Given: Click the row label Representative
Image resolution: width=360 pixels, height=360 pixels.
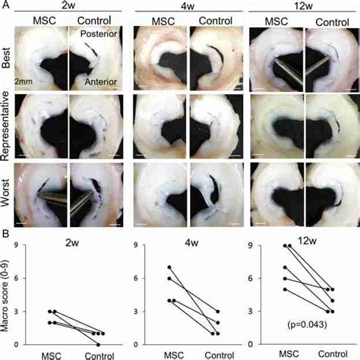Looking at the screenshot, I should click(6, 126).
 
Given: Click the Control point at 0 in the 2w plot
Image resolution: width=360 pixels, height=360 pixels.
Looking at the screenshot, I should click(99, 344).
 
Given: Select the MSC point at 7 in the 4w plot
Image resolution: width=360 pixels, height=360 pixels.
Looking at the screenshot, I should click(168, 267).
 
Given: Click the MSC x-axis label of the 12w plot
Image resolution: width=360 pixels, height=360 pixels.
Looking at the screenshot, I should click(289, 354).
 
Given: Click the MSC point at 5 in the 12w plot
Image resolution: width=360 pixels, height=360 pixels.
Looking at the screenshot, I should click(286, 289).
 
